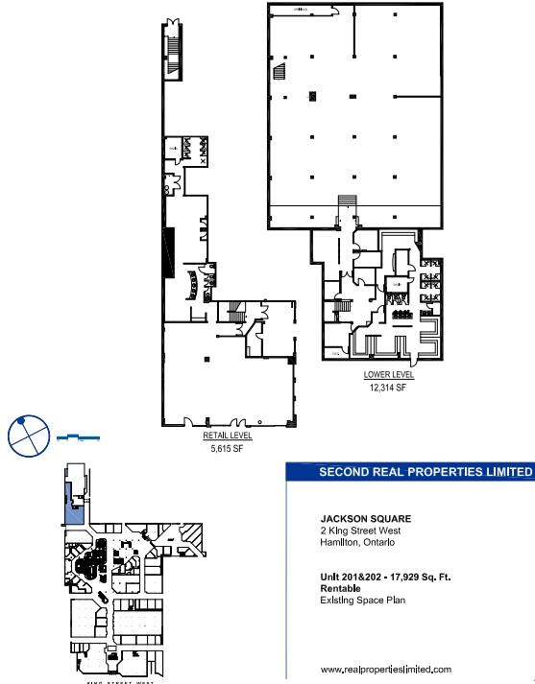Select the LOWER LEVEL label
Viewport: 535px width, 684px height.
(382, 375)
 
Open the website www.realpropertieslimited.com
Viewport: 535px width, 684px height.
(385, 670)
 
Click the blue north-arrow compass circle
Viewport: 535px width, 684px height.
(27, 436)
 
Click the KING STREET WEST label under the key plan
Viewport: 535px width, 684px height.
(110, 680)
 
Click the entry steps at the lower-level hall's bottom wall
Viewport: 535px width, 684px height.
(347, 203)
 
